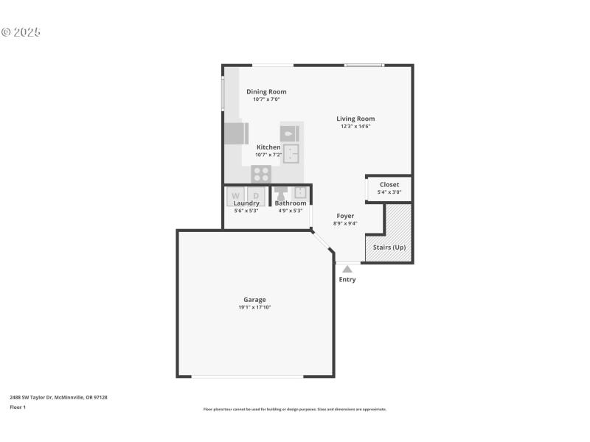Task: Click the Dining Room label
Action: click(x=266, y=91)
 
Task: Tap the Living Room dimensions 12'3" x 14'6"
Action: click(x=355, y=126)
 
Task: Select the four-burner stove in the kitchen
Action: click(x=261, y=174)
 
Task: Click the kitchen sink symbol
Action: click(x=291, y=154)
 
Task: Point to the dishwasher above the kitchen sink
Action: click(x=290, y=133)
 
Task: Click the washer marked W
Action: click(x=236, y=196)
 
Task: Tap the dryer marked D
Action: click(x=256, y=196)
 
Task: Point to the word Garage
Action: click(x=254, y=300)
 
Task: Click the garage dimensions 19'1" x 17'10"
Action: click(x=254, y=307)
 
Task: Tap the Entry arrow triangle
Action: click(x=347, y=270)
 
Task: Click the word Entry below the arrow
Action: click(x=347, y=280)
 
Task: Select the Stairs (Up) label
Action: click(x=389, y=247)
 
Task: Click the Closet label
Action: click(x=389, y=184)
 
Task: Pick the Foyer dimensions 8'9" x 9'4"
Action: click(x=345, y=223)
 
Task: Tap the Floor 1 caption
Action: click(x=18, y=407)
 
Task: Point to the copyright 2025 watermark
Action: click(x=21, y=32)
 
